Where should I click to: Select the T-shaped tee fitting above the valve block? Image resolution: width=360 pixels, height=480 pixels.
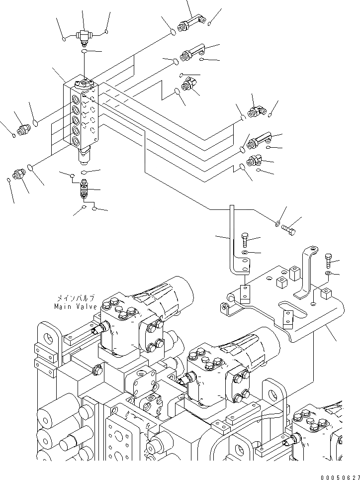click(83, 35)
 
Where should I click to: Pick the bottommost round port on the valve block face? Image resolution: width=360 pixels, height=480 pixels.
click(76, 142)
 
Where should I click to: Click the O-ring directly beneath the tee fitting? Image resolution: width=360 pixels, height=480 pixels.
click(85, 51)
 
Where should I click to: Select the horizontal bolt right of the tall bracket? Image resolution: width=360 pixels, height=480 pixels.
click(288, 229)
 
